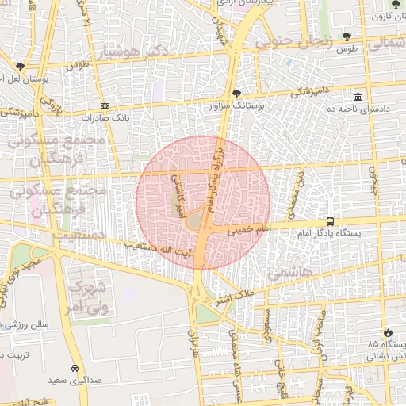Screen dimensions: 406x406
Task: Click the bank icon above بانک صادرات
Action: click(x=105, y=105)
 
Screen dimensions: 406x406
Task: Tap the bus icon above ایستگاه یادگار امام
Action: click(x=330, y=222)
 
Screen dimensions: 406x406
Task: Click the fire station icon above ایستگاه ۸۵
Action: click(x=387, y=333)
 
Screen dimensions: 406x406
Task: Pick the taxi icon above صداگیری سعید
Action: click(x=75, y=369)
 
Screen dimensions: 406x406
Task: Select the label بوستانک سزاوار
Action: click(x=235, y=105)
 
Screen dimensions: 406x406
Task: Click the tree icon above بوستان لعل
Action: click(x=20, y=68)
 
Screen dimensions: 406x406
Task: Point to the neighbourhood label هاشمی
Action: click(x=289, y=273)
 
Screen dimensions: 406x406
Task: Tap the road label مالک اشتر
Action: click(x=236, y=298)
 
